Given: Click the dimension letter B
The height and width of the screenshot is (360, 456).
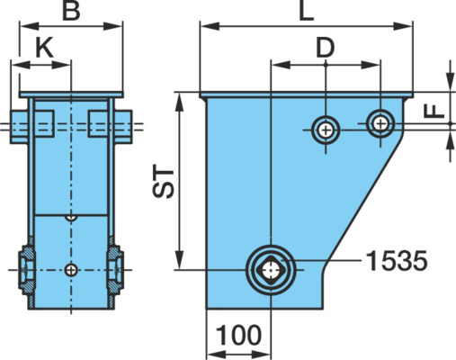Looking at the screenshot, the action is click(x=71, y=11).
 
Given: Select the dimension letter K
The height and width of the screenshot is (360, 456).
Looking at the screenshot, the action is click(x=44, y=48).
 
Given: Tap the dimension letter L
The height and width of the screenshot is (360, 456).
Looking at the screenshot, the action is click(x=307, y=11).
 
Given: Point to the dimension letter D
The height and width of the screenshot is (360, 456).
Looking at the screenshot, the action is click(x=326, y=48).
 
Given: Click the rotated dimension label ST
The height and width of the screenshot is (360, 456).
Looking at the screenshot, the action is click(x=164, y=183).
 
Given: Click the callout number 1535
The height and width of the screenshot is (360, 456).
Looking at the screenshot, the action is click(x=397, y=261).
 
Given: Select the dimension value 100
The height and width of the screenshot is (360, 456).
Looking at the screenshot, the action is click(x=238, y=335).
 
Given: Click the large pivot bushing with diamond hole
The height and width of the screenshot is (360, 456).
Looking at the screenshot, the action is click(x=271, y=270).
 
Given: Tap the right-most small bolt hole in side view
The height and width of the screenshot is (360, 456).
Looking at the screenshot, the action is click(x=380, y=123).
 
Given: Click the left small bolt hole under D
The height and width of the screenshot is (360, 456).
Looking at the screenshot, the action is click(x=326, y=130).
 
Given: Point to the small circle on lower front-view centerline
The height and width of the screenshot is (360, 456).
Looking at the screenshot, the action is click(x=71, y=270).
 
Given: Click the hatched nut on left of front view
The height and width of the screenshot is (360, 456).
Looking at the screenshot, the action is click(x=26, y=270).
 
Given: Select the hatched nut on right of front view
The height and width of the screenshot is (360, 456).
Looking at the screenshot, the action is click(x=115, y=270).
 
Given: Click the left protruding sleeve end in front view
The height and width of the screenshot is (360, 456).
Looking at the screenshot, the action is click(x=20, y=127).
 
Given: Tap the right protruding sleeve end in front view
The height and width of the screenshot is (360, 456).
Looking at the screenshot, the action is click(x=123, y=127).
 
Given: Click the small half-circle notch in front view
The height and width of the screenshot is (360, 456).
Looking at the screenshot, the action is click(x=71, y=218).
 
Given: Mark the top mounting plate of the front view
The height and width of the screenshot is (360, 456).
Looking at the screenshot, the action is click(x=71, y=94).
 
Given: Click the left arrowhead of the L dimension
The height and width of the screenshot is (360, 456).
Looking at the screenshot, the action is click(x=210, y=26).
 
